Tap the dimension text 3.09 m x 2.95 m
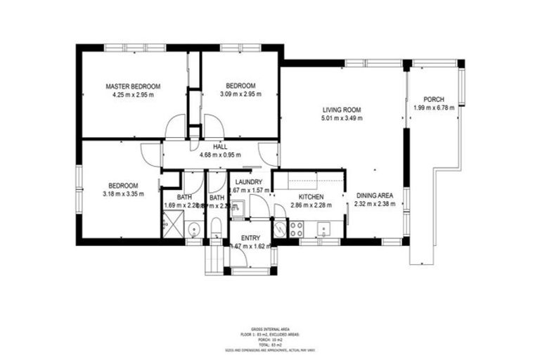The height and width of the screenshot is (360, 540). [x=237, y=94]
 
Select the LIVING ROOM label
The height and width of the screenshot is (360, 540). [x=342, y=110]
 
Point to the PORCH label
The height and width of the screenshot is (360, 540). [x=434, y=99]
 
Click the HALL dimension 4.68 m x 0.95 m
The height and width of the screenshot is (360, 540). [x=220, y=155]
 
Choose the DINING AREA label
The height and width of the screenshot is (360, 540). [x=374, y=195]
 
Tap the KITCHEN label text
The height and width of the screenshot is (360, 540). [x=310, y=197]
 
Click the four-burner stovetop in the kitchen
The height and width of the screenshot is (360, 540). [x=296, y=229]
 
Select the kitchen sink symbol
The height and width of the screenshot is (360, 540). [x=325, y=228]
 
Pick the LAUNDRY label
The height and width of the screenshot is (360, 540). [x=245, y=182]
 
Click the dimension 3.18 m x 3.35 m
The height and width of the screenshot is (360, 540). [x=122, y=194]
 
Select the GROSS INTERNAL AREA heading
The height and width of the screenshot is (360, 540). [x=269, y=328]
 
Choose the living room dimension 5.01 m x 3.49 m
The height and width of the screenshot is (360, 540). [x=342, y=118]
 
